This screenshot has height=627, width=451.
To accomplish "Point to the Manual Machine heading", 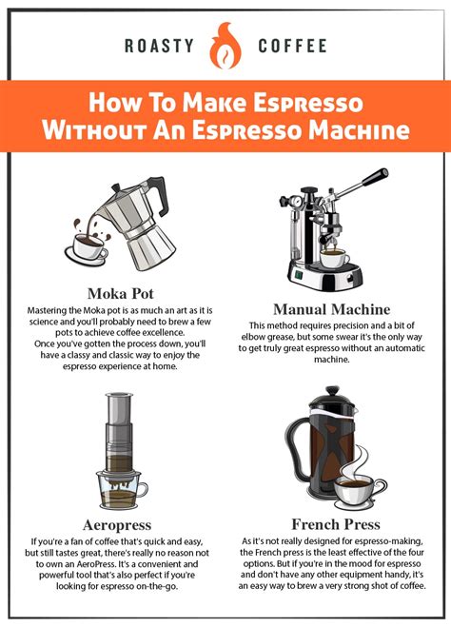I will tap(331, 308).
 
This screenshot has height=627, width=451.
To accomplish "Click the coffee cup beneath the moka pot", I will tap(90, 249).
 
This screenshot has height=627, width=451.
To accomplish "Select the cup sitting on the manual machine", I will tap(332, 258).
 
